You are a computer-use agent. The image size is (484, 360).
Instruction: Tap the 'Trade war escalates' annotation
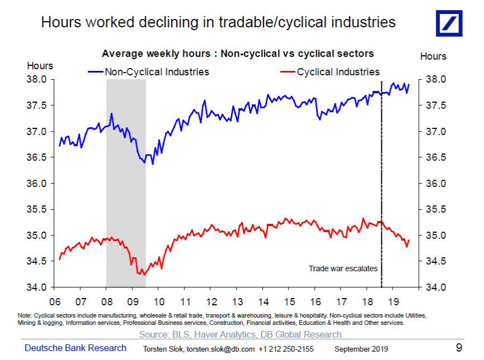pyautogui.click(x=343, y=268)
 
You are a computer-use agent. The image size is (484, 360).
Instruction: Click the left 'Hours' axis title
pyautogui.click(x=40, y=66)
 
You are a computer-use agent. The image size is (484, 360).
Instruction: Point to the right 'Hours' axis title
pyautogui.click(x=433, y=56)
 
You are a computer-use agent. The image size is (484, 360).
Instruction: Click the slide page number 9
pyautogui.click(x=459, y=348)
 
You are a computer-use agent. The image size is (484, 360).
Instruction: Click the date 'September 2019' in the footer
pyautogui.click(x=361, y=349)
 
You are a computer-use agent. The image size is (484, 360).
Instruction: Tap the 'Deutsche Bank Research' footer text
pyautogui.click(x=75, y=348)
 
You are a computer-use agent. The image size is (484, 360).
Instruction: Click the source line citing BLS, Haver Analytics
pyautogui.click(x=240, y=334)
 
